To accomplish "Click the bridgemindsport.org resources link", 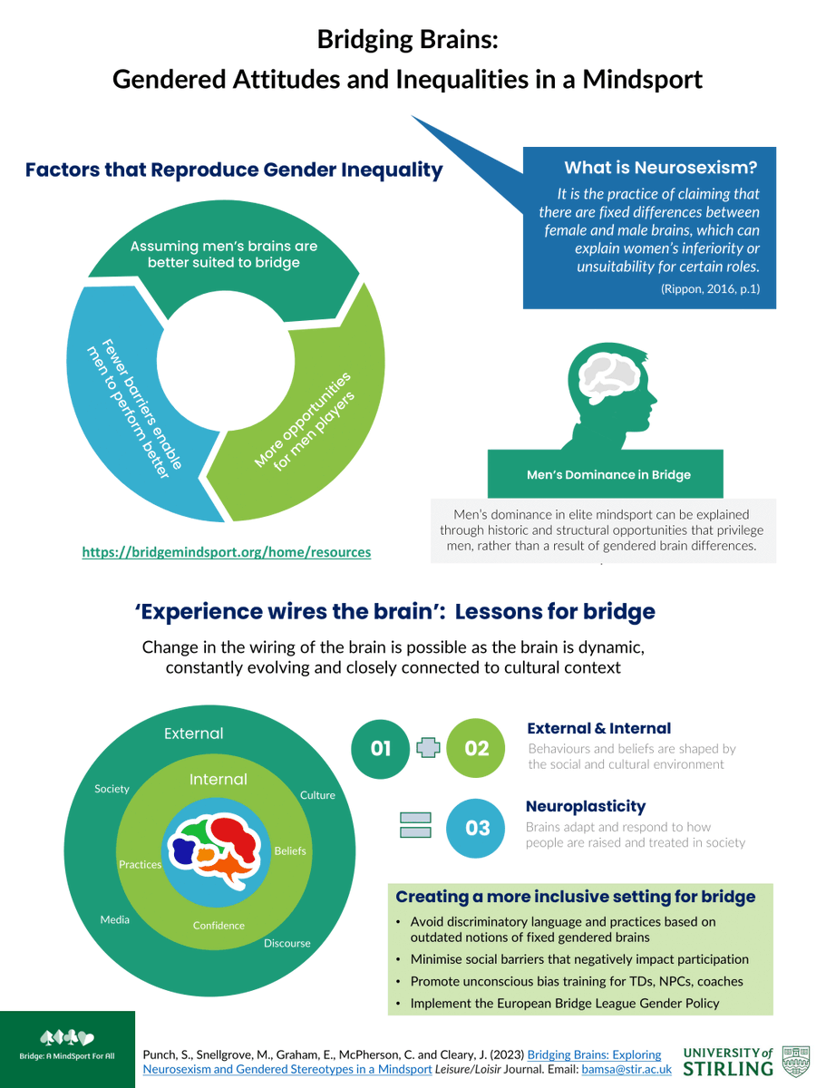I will click(x=226, y=551).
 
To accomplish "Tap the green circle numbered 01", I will click(x=381, y=748).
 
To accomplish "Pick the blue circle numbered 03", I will click(x=477, y=828).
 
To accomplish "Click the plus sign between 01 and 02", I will click(x=428, y=748).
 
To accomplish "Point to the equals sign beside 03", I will click(x=415, y=826).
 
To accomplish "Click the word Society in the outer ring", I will click(x=112, y=789).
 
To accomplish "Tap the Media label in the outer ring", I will click(x=114, y=919).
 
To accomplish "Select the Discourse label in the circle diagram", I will click(x=287, y=943).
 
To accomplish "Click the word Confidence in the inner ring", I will click(x=219, y=925).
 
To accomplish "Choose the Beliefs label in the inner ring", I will click(x=290, y=850).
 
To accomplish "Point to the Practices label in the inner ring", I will click(x=140, y=864).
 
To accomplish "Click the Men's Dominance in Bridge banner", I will click(x=608, y=474).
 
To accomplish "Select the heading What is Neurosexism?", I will click(x=660, y=168).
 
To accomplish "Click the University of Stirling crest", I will click(x=795, y=1060).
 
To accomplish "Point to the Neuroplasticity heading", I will click(x=586, y=806).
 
